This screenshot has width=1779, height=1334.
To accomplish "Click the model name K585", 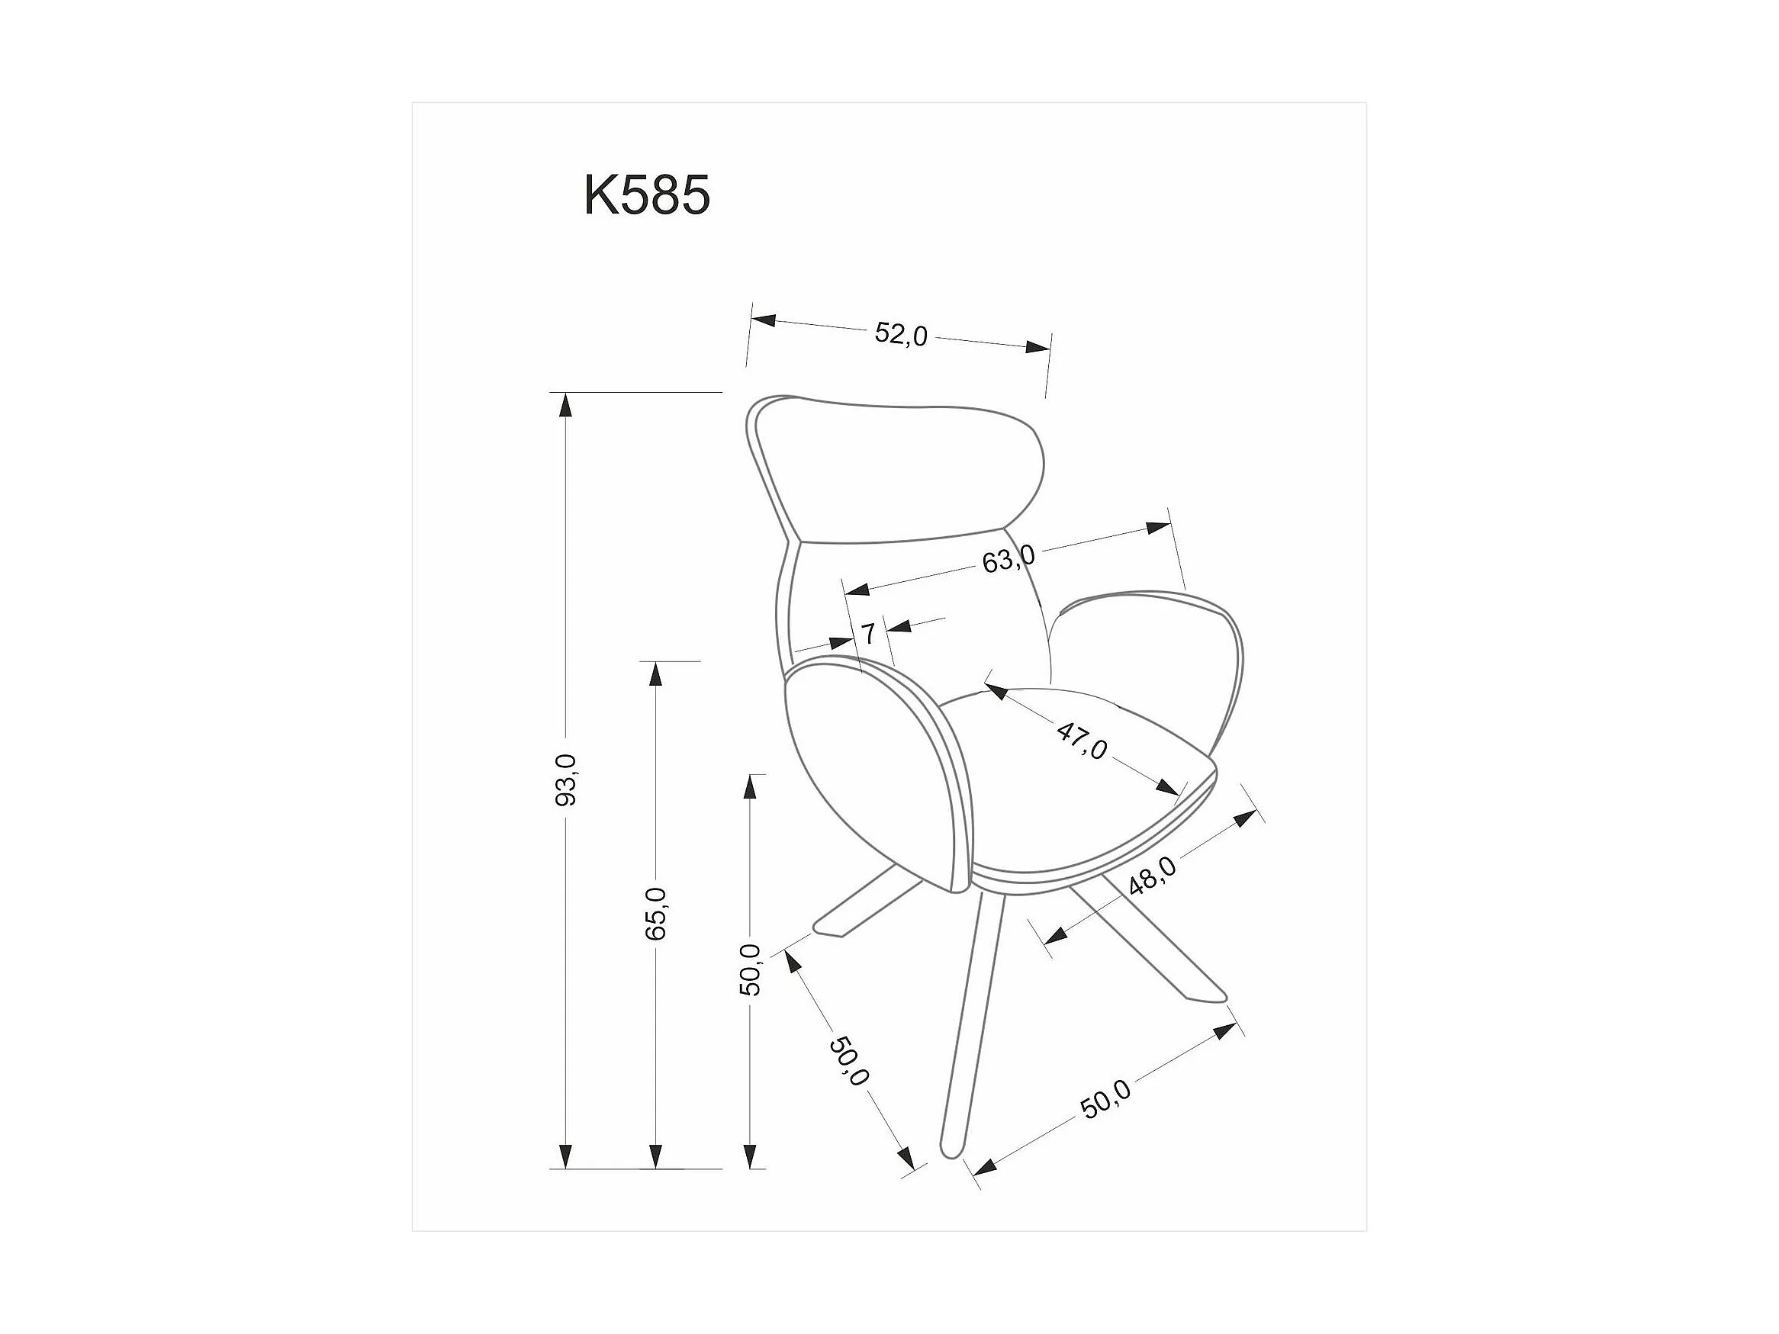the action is pyautogui.click(x=647, y=195).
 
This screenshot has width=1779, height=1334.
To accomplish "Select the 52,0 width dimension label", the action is pyautogui.click(x=902, y=334).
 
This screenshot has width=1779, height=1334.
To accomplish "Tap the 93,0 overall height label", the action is pyautogui.click(x=566, y=780).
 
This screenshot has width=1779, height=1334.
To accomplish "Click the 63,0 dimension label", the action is pyautogui.click(x=1009, y=559).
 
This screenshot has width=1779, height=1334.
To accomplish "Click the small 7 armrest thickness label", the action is pyautogui.click(x=869, y=634).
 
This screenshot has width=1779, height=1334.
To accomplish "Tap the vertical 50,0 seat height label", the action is pyautogui.click(x=750, y=970).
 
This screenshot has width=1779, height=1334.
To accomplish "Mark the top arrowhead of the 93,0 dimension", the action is pyautogui.click(x=566, y=405).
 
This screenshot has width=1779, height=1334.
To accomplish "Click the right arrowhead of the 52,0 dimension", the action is pyautogui.click(x=1037, y=347).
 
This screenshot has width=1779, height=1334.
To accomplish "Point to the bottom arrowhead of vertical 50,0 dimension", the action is pyautogui.click(x=751, y=1155).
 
